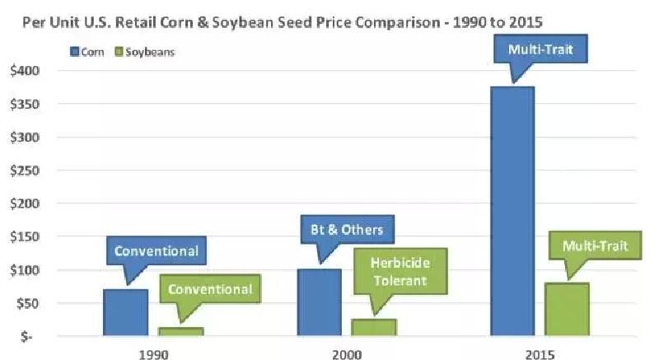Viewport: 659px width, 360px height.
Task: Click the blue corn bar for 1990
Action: (125, 313)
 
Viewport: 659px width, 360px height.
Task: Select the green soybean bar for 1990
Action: (180, 332)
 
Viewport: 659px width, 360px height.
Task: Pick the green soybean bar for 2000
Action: (374, 328)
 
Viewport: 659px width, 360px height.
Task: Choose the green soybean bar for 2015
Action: (567, 310)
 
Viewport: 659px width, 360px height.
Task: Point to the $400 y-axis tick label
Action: (25, 71)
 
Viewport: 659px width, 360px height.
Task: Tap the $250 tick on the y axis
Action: (25, 171)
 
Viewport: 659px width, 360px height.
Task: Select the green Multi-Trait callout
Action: (595, 246)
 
